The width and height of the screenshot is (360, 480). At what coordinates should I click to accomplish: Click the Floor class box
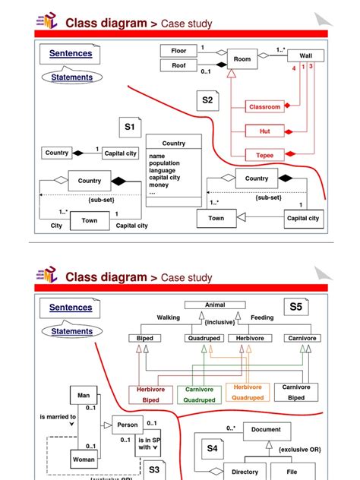point(178,50)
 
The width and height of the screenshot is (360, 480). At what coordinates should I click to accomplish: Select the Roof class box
point(178,65)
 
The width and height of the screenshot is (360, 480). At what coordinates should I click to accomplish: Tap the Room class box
point(242,58)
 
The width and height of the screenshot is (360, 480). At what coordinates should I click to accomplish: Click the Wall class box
point(305,55)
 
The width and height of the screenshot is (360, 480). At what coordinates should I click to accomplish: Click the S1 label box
point(130,127)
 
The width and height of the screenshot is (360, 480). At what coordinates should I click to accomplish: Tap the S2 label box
point(207,99)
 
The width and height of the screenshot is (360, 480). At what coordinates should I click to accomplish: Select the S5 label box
point(295,307)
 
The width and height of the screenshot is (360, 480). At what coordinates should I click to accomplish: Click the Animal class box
point(215,305)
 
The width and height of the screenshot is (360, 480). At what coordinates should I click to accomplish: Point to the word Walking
point(169,317)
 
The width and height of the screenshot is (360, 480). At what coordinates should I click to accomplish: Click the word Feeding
point(262,317)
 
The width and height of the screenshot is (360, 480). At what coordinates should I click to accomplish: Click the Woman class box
point(83,459)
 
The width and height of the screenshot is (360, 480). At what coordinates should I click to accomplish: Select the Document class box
point(266,429)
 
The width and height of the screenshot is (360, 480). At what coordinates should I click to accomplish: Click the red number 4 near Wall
point(294,68)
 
